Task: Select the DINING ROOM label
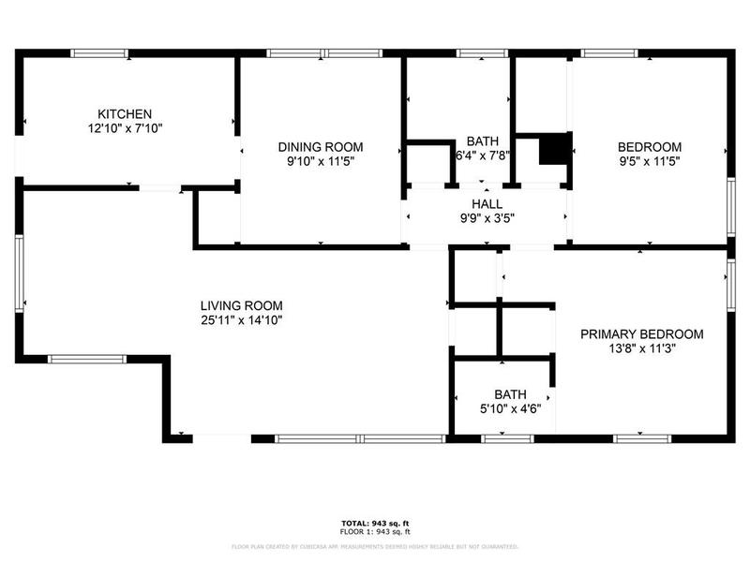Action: pyautogui.click(x=321, y=147)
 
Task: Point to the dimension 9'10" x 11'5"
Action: pyautogui.click(x=321, y=161)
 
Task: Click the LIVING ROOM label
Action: pyautogui.click(x=241, y=305)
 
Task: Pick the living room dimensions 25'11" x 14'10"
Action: pyautogui.click(x=241, y=319)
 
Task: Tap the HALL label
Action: pyautogui.click(x=487, y=204)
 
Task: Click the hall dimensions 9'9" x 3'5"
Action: pyautogui.click(x=487, y=218)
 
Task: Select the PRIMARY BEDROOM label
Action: pyautogui.click(x=641, y=333)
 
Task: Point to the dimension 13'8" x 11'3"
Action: pyautogui.click(x=641, y=348)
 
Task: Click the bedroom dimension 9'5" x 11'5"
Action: pyautogui.click(x=649, y=161)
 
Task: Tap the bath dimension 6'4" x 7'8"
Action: pyautogui.click(x=483, y=156)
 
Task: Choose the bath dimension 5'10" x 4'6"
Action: pyautogui.click(x=511, y=408)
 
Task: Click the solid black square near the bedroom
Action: pyautogui.click(x=556, y=149)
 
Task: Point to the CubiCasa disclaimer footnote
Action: pyautogui.click(x=374, y=546)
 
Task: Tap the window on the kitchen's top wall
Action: pyautogui.click(x=99, y=53)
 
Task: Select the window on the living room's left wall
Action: pyautogui.click(x=19, y=273)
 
